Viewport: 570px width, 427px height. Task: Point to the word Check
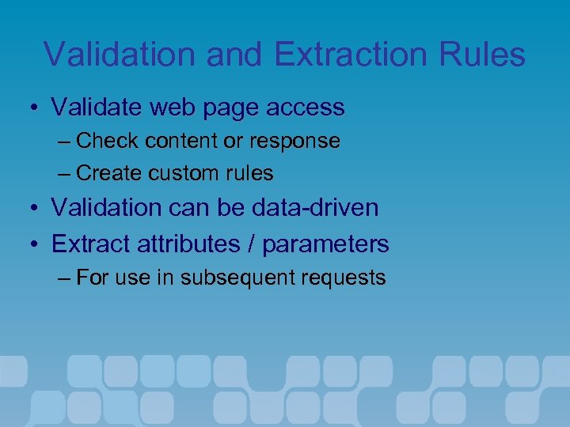pos(108,141)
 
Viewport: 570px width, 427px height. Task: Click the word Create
pos(109,172)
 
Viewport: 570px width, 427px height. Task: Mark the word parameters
pos(325,244)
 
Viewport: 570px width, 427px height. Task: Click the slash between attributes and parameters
pos(254,244)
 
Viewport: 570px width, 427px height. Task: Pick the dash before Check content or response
pos(64,142)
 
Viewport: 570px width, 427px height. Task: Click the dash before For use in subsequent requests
pos(64,278)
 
